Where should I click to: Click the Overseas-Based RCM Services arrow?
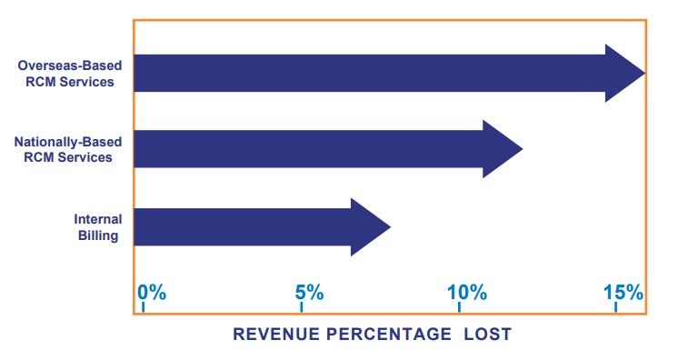click(364, 73)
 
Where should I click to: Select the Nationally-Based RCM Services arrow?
click(309, 149)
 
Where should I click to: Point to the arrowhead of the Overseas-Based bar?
click(625, 73)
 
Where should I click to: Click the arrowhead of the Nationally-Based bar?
click(503, 149)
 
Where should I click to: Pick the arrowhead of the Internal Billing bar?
click(370, 226)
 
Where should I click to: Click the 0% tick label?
click(152, 293)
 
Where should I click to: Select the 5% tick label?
click(309, 293)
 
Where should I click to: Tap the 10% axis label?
click(466, 293)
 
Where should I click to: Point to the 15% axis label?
click(623, 293)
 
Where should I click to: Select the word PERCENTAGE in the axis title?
click(392, 335)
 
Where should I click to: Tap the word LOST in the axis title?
click(487, 335)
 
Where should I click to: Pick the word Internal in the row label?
click(99, 219)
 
